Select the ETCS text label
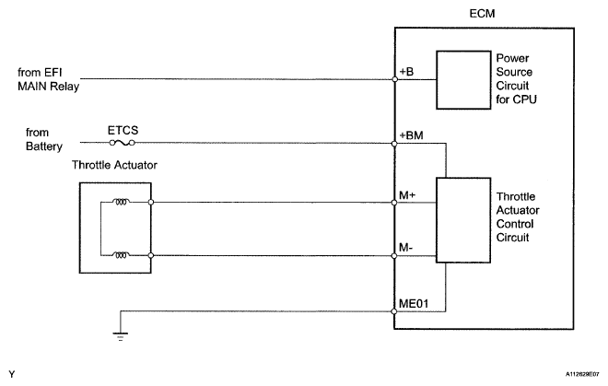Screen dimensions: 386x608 pos(121,131)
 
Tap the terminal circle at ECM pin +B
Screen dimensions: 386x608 pos(394,79)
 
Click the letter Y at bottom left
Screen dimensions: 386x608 pos(9,374)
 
